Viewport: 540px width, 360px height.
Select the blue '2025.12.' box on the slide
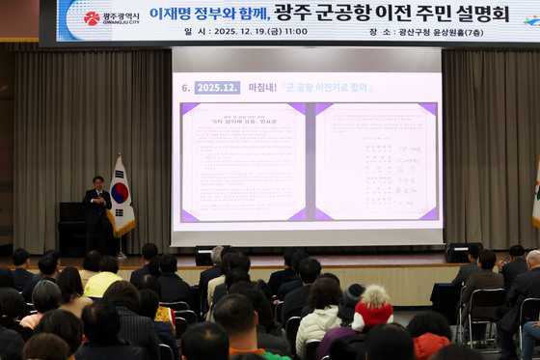coord(217,88)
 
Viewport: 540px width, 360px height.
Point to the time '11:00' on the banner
coord(295,32)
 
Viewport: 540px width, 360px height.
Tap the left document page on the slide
coord(243,160)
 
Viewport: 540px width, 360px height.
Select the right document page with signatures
coord(375,160)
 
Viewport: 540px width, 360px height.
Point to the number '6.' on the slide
coord(186,88)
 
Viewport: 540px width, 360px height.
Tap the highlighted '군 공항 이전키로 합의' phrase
coord(327,88)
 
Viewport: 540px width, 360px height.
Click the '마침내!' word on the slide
coord(263,88)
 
